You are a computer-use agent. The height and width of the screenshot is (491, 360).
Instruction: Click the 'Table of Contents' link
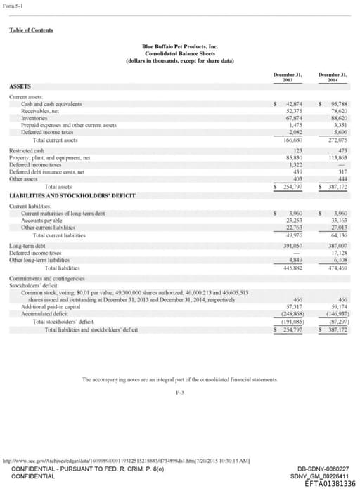click(31, 30)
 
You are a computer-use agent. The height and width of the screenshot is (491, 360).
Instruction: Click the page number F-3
click(179, 391)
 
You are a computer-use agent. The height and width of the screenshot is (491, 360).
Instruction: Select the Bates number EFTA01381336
click(330, 484)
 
